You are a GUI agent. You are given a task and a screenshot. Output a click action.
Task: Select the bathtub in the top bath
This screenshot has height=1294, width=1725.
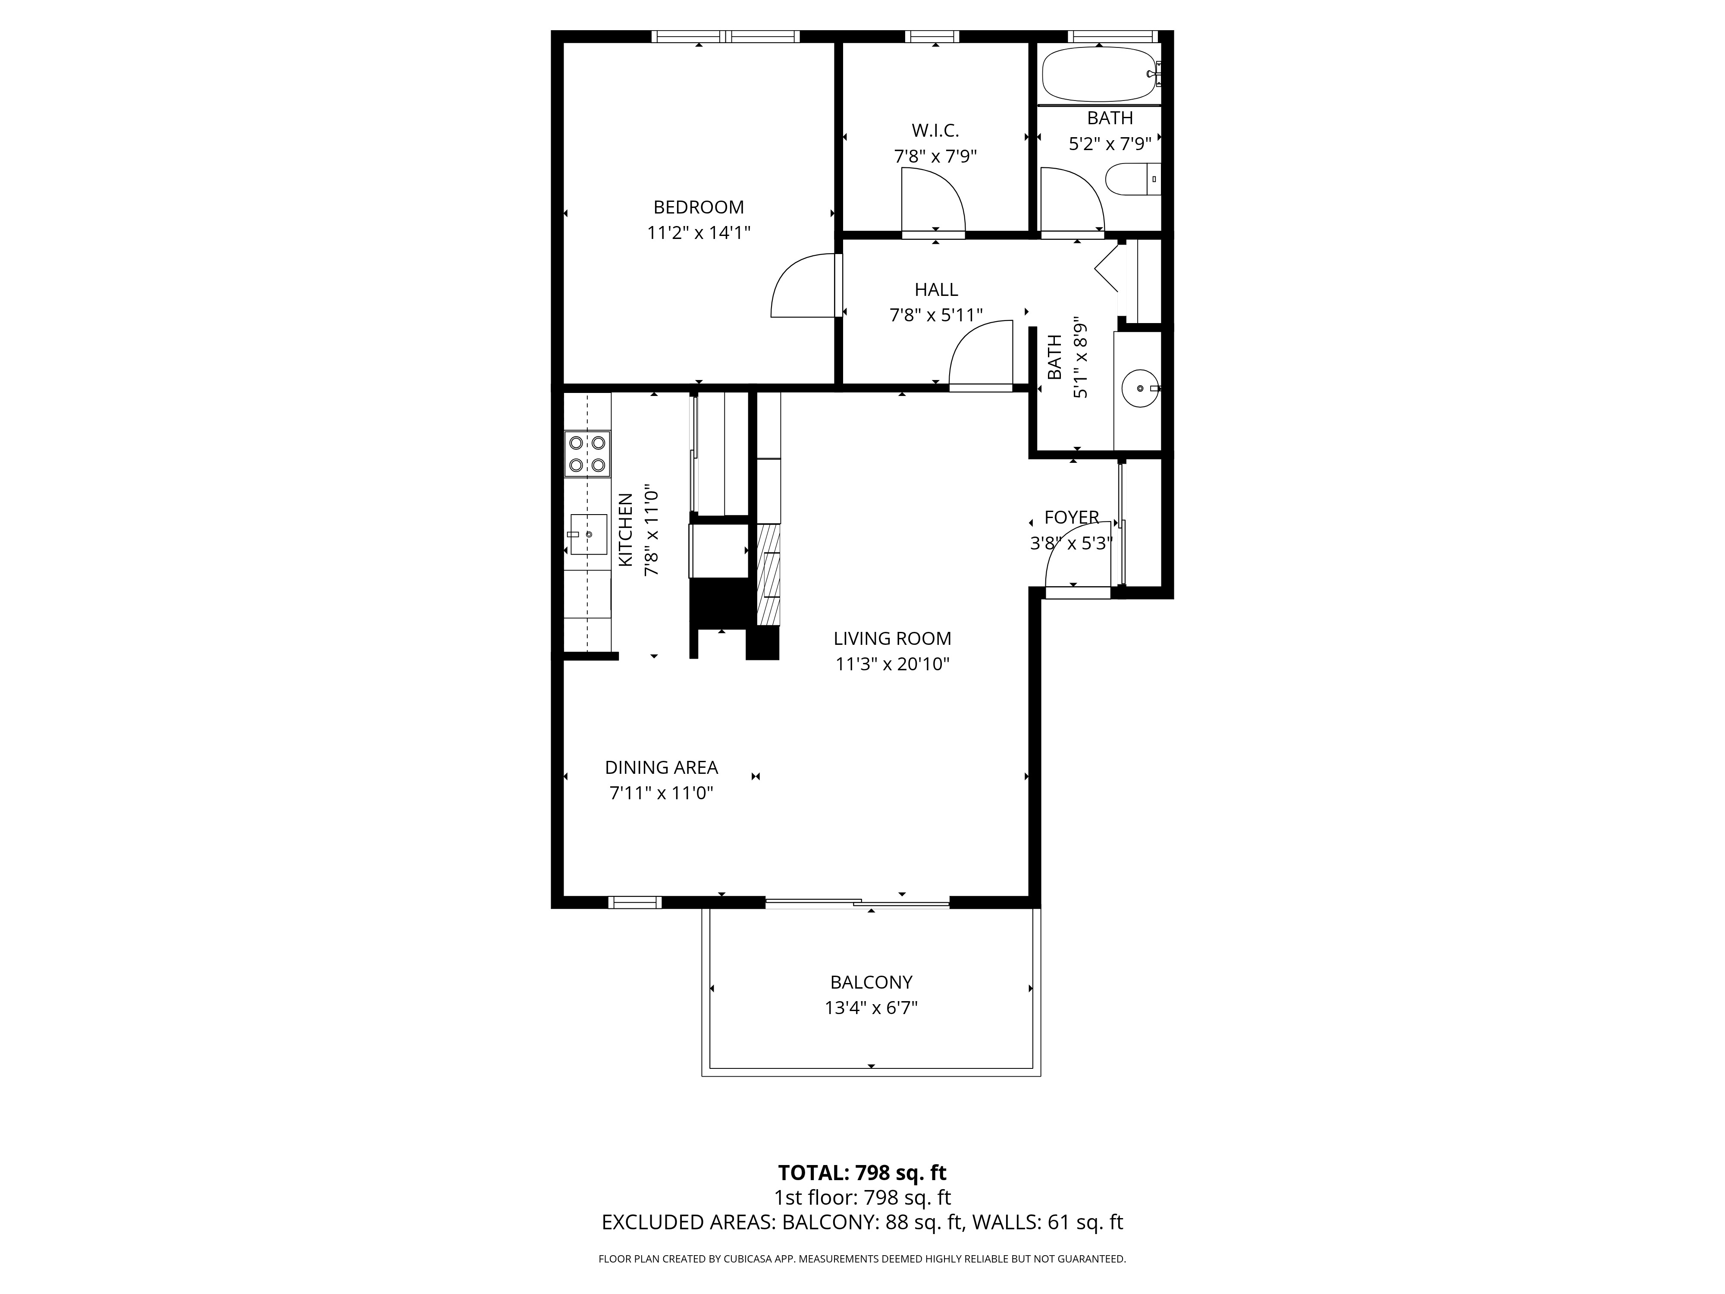pos(1098,74)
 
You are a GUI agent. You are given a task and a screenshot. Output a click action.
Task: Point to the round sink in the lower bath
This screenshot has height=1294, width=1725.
pos(1140,388)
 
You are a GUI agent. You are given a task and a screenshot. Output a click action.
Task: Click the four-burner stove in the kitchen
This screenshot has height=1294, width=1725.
pos(587,454)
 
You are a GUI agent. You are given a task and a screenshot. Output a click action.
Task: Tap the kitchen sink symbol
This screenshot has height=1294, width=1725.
pos(588,534)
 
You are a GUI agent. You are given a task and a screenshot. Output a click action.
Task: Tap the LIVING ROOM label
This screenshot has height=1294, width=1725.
pos(892,639)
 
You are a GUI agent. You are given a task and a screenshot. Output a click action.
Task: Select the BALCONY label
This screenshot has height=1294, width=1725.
pos(871,983)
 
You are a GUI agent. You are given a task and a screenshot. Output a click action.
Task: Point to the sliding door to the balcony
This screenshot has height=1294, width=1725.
pos(856,903)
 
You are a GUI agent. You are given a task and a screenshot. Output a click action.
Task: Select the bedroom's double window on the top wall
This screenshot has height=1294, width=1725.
pos(725,36)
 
